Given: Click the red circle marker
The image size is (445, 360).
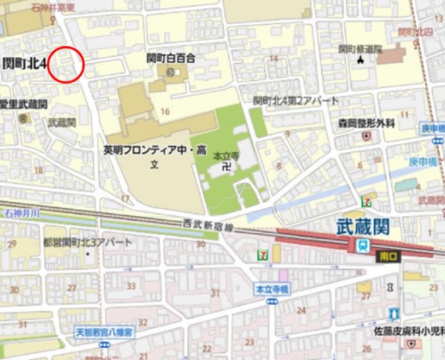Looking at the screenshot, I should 67,65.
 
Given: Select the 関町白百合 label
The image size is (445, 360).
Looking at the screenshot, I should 171,58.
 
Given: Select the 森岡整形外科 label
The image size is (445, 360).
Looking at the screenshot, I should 367,123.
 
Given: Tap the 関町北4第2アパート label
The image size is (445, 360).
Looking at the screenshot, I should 296,101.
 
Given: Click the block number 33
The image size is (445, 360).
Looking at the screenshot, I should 130,286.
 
